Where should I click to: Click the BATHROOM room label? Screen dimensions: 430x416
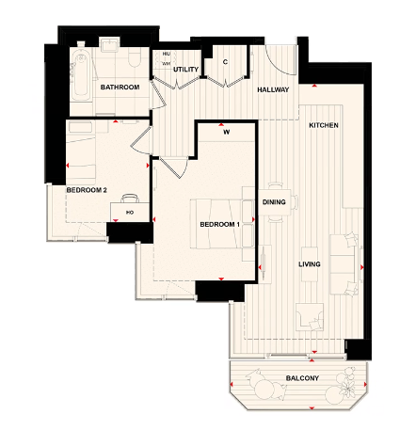pos(120,88)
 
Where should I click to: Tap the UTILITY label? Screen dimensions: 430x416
pos(185,70)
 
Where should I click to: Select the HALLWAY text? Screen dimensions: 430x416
pos(273,89)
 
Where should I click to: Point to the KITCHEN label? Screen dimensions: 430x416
pos(324,125)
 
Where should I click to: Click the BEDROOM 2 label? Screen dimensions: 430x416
pos(87,190)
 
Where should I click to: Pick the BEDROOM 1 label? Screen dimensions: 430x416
pos(220,224)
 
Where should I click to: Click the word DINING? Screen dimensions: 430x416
pos(274,202)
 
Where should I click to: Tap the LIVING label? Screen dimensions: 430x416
pos(310,264)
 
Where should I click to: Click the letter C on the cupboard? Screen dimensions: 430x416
pos(225,62)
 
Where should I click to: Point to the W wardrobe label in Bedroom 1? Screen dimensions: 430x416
pos(226,132)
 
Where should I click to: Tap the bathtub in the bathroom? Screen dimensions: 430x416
pos(76,72)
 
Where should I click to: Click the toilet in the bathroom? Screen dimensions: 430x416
pos(135,60)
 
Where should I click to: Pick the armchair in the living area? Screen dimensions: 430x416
pos(308,318)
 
